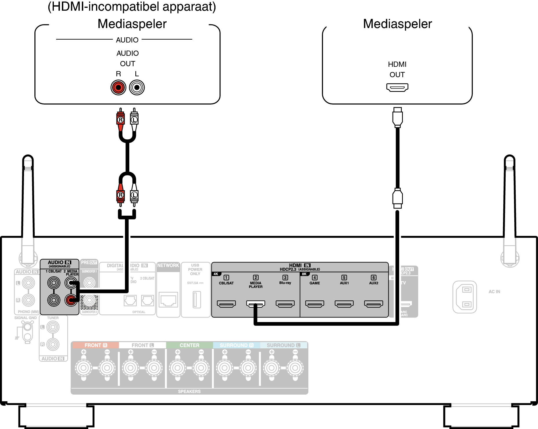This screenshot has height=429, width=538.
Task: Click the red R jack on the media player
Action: (118, 87)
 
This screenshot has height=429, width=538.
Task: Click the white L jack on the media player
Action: (137, 87)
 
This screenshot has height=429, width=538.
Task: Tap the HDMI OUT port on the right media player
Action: (397, 87)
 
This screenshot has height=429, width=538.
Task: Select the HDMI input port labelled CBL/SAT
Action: (226, 304)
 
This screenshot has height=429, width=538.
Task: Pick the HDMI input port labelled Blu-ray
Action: (285, 304)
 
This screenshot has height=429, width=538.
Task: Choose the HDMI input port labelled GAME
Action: (315, 304)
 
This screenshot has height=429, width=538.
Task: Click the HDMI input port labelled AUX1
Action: (344, 304)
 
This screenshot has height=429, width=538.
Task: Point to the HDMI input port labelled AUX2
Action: (373, 304)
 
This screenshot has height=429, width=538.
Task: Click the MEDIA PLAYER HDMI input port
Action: (255, 304)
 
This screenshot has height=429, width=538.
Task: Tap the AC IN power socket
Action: (465, 297)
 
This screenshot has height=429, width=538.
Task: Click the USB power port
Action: (197, 299)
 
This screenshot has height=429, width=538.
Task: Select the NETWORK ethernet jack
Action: (168, 299)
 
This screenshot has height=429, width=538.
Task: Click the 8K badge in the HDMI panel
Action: (304, 274)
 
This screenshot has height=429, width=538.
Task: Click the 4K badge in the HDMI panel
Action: (216, 274)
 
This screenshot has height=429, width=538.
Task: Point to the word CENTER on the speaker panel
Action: (189, 345)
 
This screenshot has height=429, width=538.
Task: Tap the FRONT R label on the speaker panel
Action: (95, 345)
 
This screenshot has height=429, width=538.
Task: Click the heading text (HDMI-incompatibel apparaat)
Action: (132, 6)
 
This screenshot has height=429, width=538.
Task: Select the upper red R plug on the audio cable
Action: (121, 119)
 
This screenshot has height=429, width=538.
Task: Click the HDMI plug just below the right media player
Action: (397, 117)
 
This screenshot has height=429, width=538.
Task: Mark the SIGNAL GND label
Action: (25, 318)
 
